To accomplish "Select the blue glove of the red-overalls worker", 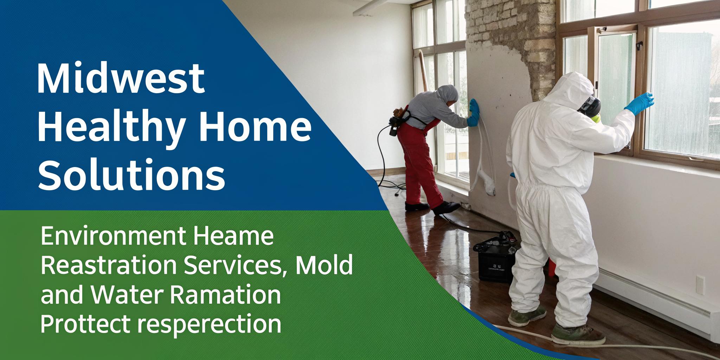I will coord(473,111).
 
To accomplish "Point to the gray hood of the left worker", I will coord(447,94).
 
